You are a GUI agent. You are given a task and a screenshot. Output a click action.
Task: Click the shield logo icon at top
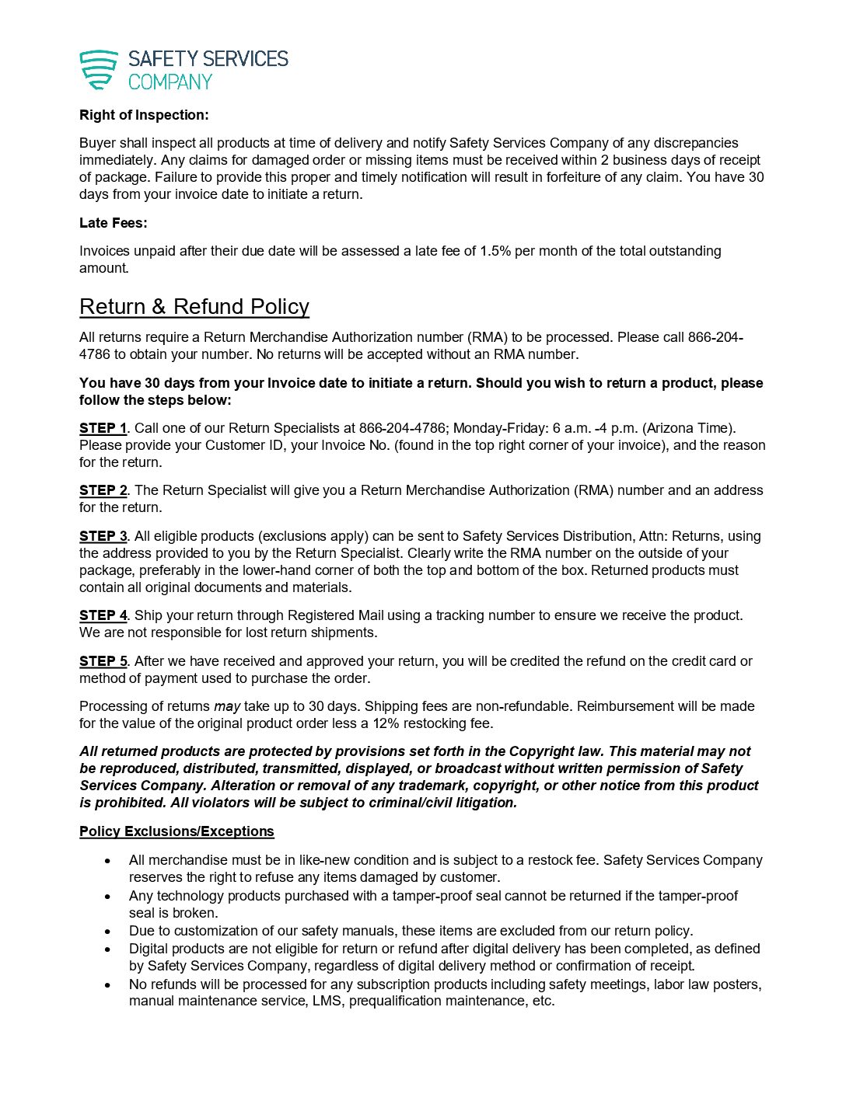click(99, 70)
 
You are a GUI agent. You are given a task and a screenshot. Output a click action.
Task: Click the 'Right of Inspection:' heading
click(144, 115)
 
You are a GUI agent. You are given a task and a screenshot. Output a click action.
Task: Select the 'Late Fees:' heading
click(113, 223)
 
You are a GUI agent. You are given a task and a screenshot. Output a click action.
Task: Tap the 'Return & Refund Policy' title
click(194, 307)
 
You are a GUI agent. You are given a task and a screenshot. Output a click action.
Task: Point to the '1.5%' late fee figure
click(495, 251)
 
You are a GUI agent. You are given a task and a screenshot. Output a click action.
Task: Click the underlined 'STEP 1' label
click(103, 428)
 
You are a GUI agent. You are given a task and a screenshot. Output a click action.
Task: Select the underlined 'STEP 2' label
click(103, 490)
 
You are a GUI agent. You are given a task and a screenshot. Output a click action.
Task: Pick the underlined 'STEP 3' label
click(103, 536)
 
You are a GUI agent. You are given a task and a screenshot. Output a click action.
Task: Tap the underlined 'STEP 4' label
click(103, 615)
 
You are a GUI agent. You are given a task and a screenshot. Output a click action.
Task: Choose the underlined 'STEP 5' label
click(103, 661)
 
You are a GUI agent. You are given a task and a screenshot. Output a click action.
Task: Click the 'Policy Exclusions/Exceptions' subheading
click(177, 831)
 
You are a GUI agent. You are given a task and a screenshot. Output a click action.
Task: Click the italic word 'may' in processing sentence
click(227, 706)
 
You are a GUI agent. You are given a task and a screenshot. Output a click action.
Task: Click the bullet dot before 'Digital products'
click(108, 949)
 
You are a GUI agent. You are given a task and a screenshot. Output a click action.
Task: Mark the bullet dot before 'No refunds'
click(108, 984)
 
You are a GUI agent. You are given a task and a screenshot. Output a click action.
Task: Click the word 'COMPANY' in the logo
click(170, 82)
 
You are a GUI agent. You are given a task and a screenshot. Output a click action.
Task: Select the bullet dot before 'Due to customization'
click(108, 931)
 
